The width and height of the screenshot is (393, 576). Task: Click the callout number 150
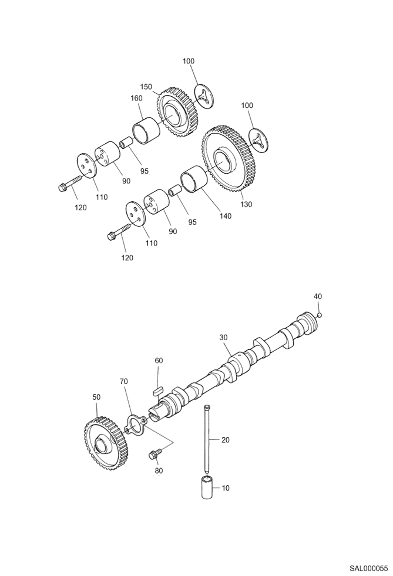click(x=146, y=87)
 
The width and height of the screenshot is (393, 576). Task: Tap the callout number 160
click(x=137, y=98)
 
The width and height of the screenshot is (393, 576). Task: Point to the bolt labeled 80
click(x=153, y=455)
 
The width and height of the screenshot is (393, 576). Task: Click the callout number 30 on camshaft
click(x=223, y=337)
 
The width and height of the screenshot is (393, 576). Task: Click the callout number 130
click(x=246, y=204)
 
